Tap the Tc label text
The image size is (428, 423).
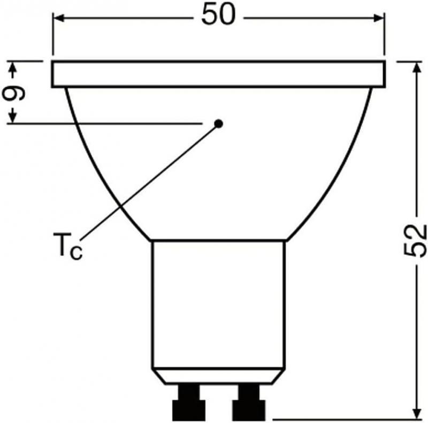point(68,245)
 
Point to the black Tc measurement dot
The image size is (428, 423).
point(218,124)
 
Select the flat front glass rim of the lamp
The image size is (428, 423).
point(218,74)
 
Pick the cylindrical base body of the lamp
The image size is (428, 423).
point(218,303)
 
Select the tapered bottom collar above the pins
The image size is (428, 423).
point(218,375)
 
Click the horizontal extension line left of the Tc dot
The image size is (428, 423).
point(107,124)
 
